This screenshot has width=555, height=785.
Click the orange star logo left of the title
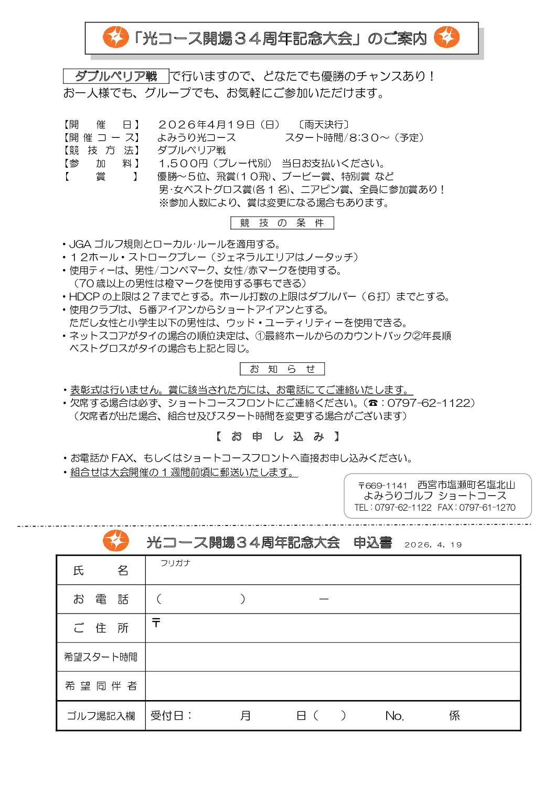coord(115,37)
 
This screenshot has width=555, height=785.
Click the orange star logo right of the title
coord(447,37)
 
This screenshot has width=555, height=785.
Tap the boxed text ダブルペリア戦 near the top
coord(116,76)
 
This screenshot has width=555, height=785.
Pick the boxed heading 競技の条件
coord(282,223)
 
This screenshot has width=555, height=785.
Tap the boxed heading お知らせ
coord(282,369)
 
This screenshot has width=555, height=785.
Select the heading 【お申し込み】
coord(277,436)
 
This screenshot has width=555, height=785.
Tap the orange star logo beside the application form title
coord(115,541)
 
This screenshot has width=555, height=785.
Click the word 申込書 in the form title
coord(372,543)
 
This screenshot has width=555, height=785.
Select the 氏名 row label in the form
coord(101,571)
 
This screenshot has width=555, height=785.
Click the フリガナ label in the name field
coord(175,563)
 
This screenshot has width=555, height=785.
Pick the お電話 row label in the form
coord(101,599)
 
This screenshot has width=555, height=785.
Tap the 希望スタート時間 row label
coord(101,657)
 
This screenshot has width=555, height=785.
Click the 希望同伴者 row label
coord(101,686)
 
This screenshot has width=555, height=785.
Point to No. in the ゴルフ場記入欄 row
coord(394,716)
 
